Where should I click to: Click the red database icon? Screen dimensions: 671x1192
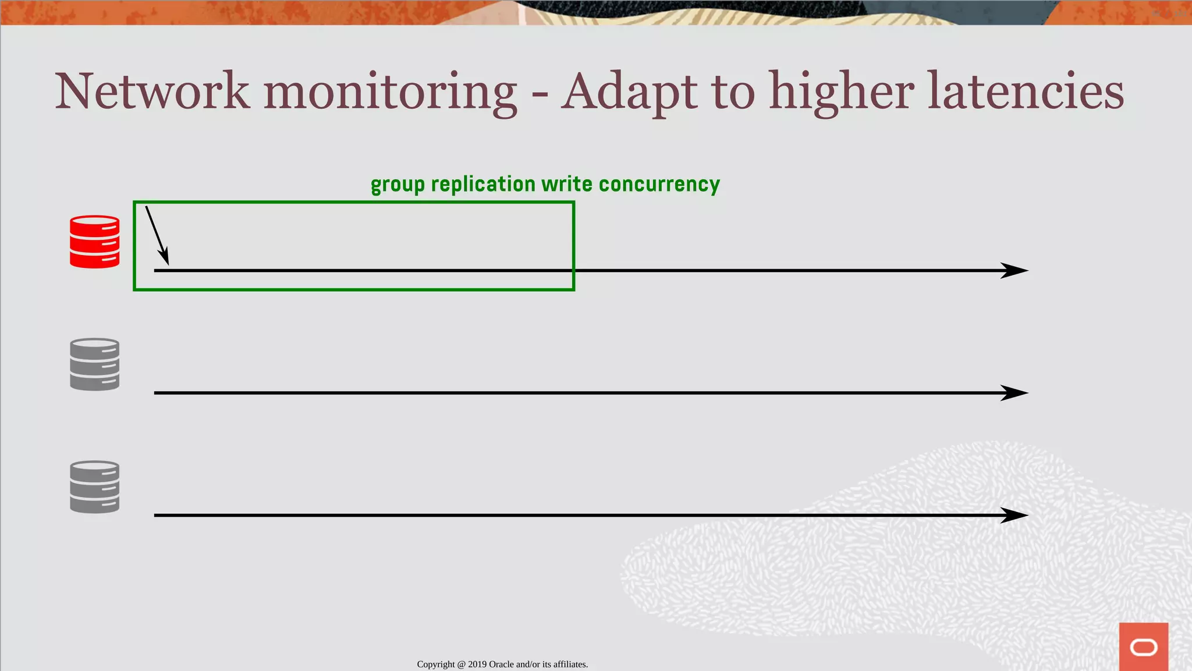pos(94,242)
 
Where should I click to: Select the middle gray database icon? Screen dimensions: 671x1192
pos(94,364)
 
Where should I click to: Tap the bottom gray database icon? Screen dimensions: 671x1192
pos(94,487)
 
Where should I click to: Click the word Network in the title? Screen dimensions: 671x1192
pos(152,91)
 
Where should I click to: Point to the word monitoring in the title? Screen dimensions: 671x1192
pos(390,93)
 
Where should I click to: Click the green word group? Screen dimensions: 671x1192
pos(398,185)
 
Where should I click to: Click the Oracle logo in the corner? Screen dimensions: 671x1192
pos(1143,647)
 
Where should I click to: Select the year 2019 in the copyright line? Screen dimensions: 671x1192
pos(477,665)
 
